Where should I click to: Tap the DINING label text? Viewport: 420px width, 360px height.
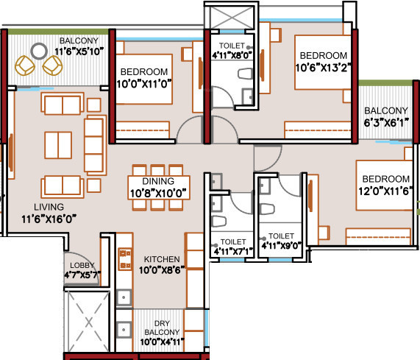tap(158, 181)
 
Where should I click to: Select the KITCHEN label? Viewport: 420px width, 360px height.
tap(163, 260)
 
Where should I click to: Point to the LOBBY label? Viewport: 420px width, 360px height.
tap(81, 265)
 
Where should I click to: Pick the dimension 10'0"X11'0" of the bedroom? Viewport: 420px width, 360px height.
tap(145, 83)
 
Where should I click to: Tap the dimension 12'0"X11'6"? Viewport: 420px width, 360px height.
tap(385, 191)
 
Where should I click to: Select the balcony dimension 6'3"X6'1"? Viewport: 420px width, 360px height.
tap(385, 123)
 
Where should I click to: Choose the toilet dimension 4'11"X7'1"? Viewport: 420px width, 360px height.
tap(232, 251)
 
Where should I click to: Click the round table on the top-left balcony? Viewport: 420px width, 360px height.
tap(39, 53)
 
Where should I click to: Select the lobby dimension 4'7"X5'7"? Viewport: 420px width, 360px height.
tap(81, 275)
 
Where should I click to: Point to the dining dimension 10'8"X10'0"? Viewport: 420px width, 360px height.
tap(158, 193)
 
